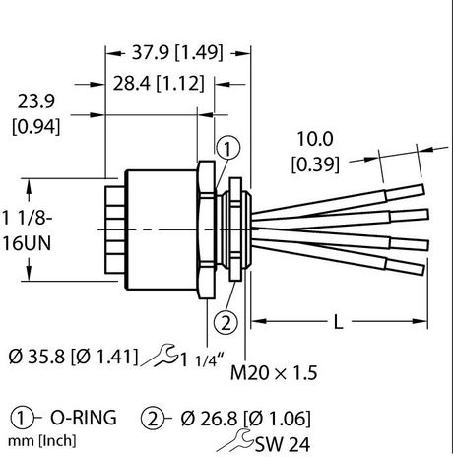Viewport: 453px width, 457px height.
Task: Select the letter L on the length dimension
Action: click(x=339, y=322)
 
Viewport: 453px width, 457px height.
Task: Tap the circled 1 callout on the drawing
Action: click(x=226, y=150)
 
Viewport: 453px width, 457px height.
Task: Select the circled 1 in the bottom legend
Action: click(x=23, y=418)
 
